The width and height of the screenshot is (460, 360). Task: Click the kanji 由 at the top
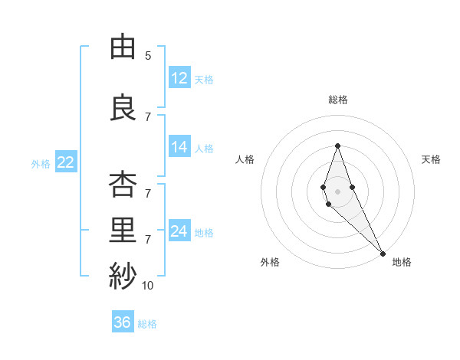pyautogui.click(x=123, y=47)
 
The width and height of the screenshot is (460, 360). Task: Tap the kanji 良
pyautogui.click(x=123, y=107)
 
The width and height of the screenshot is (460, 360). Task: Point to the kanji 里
pyautogui.click(x=123, y=229)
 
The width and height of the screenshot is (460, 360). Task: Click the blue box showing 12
pyautogui.click(x=179, y=77)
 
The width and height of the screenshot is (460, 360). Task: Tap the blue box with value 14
pyautogui.click(x=179, y=147)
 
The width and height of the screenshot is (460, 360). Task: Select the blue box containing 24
pyautogui.click(x=179, y=231)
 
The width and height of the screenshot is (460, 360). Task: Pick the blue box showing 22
pyautogui.click(x=66, y=162)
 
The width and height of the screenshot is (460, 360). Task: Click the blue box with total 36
pyautogui.click(x=123, y=322)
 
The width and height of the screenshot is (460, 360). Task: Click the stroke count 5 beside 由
pyautogui.click(x=148, y=56)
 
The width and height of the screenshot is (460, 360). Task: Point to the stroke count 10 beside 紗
pyautogui.click(x=148, y=286)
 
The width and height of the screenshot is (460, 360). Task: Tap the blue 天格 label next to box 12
pyautogui.click(x=204, y=79)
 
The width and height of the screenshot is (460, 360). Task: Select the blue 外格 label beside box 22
pyautogui.click(x=41, y=163)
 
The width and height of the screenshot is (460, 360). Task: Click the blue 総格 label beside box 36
pyautogui.click(x=147, y=324)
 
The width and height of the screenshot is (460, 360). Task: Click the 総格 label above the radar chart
pyautogui.click(x=337, y=100)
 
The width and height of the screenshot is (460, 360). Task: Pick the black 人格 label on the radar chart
pyautogui.click(x=245, y=159)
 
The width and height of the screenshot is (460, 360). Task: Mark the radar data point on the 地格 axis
pyautogui.click(x=382, y=253)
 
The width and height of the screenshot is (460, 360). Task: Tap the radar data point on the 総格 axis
pyautogui.click(x=337, y=146)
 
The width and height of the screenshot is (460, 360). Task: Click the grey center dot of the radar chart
pyautogui.click(x=337, y=191)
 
